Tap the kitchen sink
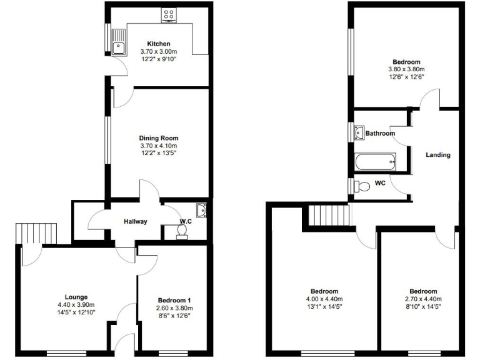point(119,43)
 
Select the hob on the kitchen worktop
point(168,16)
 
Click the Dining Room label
point(159,138)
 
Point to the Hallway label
point(134,221)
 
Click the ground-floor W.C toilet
point(182,231)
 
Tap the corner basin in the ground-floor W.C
point(201,209)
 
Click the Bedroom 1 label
point(174,301)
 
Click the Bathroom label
point(380,134)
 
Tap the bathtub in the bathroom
point(375,162)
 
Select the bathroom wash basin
point(359,132)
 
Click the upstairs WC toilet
point(362,186)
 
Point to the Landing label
point(438,155)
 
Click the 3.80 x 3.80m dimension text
point(406,69)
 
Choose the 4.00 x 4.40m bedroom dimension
point(324,299)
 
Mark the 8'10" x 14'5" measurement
point(423,306)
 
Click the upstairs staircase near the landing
point(327,216)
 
